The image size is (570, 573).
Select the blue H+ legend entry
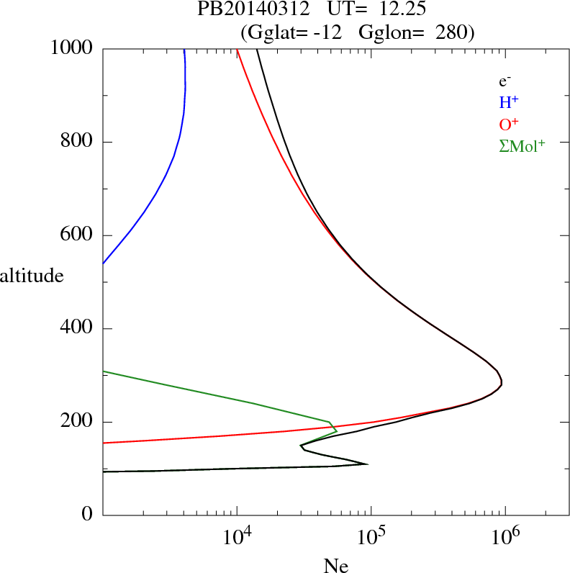508,102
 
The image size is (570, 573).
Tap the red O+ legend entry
509,124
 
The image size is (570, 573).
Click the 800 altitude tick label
77,142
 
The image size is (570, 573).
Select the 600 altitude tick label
77,235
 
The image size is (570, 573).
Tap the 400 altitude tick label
77,329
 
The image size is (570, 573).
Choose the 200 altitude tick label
77,422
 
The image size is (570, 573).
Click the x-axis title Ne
335,565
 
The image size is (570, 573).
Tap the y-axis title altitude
32,275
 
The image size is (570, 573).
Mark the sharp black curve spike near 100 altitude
367,464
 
